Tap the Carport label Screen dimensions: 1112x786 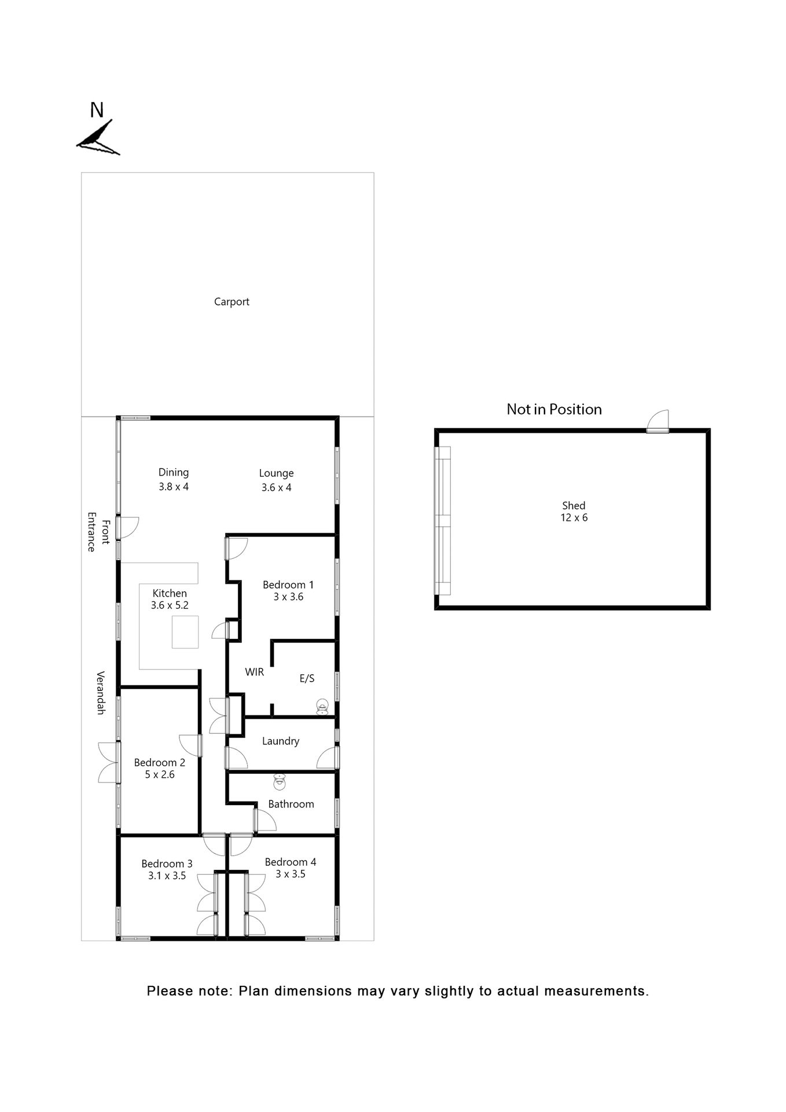[232, 302]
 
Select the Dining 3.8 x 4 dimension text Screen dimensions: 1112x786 [174, 487]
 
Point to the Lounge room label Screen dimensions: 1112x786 [276, 473]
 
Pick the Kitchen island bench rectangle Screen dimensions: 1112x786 [185, 632]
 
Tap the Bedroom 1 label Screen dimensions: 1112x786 [288, 585]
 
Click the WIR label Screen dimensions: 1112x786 [255, 672]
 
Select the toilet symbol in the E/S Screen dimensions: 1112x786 [322, 707]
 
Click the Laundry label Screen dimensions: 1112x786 [281, 741]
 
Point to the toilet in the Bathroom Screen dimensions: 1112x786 [280, 782]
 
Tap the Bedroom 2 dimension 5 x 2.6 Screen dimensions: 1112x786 [160, 775]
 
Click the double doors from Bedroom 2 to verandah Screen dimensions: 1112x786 [108, 762]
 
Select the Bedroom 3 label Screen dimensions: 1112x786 [167, 864]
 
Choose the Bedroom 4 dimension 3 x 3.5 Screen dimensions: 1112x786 [291, 875]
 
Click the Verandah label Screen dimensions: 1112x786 [101, 693]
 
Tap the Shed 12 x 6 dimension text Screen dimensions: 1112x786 [574, 518]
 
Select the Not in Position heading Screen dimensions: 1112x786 [554, 409]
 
